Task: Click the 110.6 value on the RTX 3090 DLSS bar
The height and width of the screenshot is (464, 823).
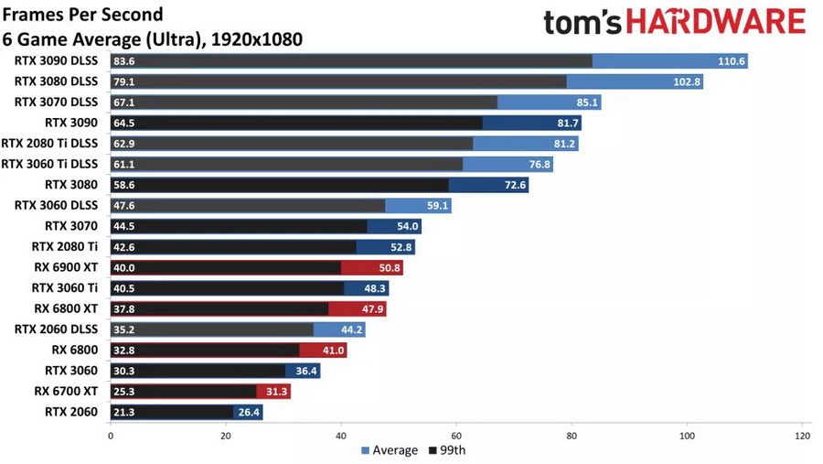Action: click(732, 61)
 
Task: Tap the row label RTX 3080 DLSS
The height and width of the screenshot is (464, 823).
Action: click(56, 81)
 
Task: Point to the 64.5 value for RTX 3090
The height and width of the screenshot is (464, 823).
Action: click(123, 123)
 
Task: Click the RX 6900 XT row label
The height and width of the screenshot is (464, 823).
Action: click(66, 267)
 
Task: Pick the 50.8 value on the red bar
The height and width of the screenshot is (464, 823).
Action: click(389, 267)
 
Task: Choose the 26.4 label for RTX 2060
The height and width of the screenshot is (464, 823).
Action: click(249, 412)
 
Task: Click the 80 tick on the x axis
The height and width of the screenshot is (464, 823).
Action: click(572, 436)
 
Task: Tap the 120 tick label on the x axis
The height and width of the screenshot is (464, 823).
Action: click(802, 436)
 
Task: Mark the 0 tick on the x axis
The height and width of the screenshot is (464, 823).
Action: click(111, 436)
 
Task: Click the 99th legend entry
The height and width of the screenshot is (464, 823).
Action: click(449, 450)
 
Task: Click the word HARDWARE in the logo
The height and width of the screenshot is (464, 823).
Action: click(714, 22)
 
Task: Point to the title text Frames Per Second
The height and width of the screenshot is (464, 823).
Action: click(82, 15)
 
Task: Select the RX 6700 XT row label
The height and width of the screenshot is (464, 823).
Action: click(66, 392)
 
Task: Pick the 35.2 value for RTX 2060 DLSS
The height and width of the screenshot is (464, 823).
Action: click(123, 329)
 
